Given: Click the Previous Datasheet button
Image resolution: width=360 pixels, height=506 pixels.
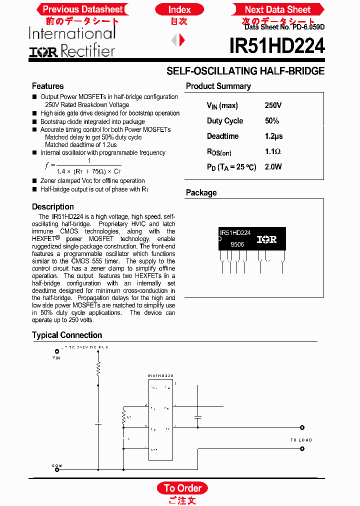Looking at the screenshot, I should (x=82, y=9).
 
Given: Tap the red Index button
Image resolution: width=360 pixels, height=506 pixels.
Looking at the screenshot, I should (x=179, y=9).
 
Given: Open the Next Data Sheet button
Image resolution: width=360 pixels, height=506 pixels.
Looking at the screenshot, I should (x=277, y=9).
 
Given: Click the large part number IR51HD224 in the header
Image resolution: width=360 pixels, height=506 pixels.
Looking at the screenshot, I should (x=277, y=46).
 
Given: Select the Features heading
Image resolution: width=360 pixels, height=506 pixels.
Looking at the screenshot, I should (x=47, y=86).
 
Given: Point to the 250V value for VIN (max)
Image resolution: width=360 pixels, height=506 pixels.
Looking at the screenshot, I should (x=273, y=105).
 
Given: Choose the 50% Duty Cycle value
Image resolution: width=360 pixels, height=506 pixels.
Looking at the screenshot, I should (x=272, y=121).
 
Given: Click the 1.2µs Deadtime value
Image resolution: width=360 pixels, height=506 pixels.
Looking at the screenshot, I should (x=273, y=136).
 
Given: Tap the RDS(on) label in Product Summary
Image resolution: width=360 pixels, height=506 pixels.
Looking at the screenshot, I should (x=219, y=152).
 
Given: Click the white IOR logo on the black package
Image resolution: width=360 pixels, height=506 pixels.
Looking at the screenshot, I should (x=266, y=239).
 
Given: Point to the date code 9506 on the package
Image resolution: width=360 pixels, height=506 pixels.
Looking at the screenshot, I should (x=237, y=245).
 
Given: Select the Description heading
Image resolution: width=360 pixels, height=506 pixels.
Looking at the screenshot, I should (x=52, y=206).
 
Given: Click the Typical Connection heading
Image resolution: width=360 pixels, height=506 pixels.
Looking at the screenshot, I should (x=67, y=335).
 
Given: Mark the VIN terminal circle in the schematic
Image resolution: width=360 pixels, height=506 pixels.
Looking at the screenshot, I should (x=56, y=351).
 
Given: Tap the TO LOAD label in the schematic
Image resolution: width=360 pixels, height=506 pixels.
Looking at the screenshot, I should (x=301, y=440).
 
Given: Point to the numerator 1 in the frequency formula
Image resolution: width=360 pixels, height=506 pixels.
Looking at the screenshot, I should (x=89, y=160).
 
